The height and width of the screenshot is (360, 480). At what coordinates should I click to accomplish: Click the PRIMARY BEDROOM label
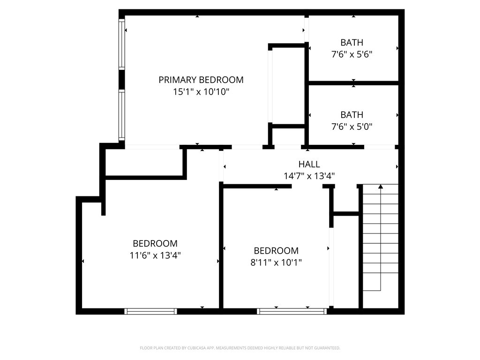pos(201,80)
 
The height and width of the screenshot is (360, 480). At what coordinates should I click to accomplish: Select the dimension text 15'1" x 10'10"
pos(201,92)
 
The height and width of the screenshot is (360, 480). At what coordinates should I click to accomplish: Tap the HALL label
pos(309,164)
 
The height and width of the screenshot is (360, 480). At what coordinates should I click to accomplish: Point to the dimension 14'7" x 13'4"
pos(309,176)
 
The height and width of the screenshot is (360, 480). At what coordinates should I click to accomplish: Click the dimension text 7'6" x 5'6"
pos(352,54)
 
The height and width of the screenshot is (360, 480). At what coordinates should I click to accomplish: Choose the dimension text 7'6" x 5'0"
pos(352,127)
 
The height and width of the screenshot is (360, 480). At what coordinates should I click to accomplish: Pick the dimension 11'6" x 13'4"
pos(155,255)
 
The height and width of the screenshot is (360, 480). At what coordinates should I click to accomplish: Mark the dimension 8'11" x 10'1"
pos(276,262)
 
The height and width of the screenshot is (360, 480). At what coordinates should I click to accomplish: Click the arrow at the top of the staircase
pos(381,187)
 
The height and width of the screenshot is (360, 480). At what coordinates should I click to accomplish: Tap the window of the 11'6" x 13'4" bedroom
pos(150,311)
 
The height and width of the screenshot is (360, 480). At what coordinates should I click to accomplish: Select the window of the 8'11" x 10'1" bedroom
pos(292,311)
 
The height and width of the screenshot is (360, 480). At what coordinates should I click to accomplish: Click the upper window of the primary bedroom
pos(122,45)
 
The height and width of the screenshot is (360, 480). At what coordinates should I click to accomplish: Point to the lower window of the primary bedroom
pos(122,115)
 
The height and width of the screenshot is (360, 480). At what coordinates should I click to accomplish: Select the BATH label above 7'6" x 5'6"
pos(352,43)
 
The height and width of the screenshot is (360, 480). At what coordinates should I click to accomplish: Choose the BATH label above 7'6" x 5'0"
pos(352,115)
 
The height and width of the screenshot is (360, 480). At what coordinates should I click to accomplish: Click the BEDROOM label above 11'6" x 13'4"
pos(155,244)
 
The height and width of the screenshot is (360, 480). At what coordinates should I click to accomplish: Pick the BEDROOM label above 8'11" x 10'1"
pos(276,251)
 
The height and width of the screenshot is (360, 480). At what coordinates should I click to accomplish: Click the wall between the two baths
pos(353,83)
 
